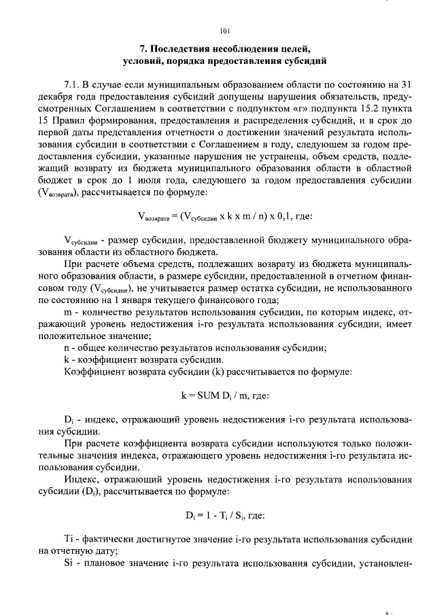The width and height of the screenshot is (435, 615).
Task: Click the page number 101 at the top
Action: [x=226, y=31]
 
